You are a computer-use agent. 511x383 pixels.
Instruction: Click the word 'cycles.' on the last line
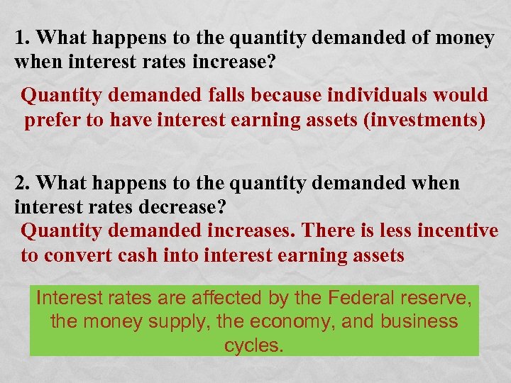pos(254,346)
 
